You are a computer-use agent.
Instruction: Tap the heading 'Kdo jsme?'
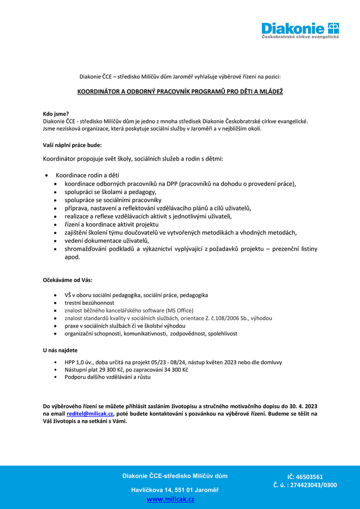pos(56,113)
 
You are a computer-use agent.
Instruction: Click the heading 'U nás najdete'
pos(60,350)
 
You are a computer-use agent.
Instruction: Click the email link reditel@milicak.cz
pos(90,414)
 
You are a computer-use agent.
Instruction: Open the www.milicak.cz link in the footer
pos(170,499)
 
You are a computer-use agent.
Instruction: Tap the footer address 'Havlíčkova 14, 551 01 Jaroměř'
pos(174,490)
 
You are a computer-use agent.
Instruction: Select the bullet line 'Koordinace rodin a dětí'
pos(87,175)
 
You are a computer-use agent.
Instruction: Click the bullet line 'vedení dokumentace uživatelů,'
pos(107,241)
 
